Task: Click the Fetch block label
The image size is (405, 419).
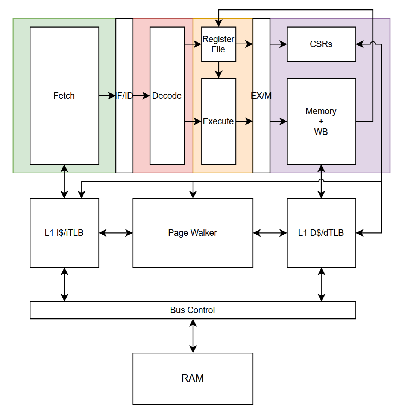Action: click(x=64, y=96)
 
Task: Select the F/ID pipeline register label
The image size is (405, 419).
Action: click(x=124, y=96)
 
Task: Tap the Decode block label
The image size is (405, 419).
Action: click(x=167, y=96)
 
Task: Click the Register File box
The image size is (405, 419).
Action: click(x=218, y=44)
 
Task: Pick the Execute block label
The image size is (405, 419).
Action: click(x=218, y=121)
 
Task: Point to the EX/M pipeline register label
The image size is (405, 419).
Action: click(x=261, y=96)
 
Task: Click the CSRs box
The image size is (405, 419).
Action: click(x=321, y=44)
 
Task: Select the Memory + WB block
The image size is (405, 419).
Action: click(x=321, y=121)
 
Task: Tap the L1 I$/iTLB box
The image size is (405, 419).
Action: click(x=64, y=233)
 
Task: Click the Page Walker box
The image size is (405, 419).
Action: click(x=193, y=233)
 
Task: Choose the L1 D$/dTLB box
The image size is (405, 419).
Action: click(x=321, y=233)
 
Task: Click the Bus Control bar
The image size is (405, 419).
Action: click(x=193, y=310)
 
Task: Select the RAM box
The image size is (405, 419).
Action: click(x=193, y=378)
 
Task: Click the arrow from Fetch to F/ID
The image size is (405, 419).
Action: click(x=107, y=96)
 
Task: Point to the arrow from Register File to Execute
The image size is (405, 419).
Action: click(x=218, y=70)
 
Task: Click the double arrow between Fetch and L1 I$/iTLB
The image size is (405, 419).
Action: click(x=65, y=181)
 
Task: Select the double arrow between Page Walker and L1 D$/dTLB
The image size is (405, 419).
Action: click(x=270, y=233)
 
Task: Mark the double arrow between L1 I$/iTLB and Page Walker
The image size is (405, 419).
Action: click(x=116, y=233)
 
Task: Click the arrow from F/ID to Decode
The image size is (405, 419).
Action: click(x=141, y=96)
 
